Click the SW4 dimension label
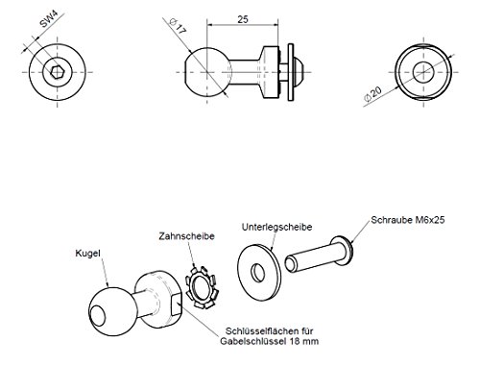tap(49, 20)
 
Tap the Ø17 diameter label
tap(178, 26)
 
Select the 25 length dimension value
tap(243, 19)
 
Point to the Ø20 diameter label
tap(372, 94)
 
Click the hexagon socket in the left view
tap(58, 72)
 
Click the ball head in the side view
tap(207, 72)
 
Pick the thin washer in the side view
tap(291, 72)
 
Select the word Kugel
tap(87, 254)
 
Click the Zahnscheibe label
tap(186, 236)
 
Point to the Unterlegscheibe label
tap(276, 227)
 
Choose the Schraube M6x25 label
tap(408, 220)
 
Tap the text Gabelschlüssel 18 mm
tap(269, 341)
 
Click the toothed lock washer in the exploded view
tap(202, 287)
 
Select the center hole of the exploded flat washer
tap(258, 273)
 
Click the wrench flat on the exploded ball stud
tap(176, 305)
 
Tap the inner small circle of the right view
tap(423, 72)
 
